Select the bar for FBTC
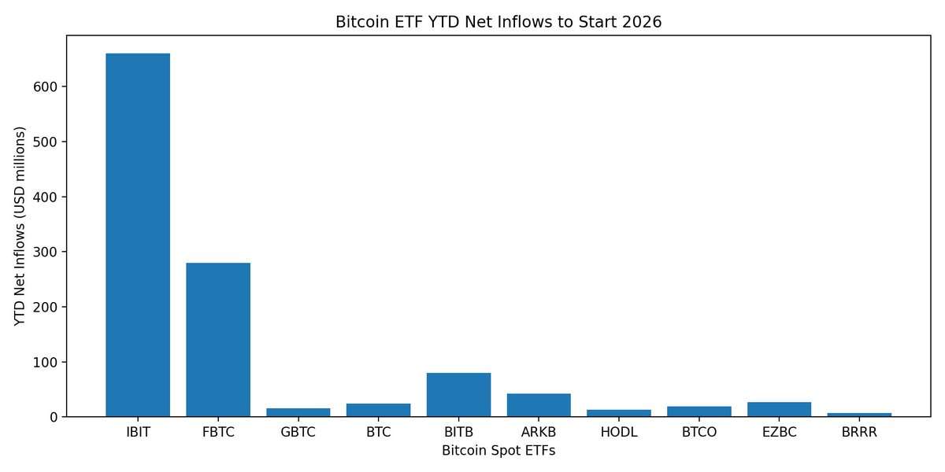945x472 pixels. pyautogui.click(x=218, y=339)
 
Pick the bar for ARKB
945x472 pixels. pyautogui.click(x=539, y=404)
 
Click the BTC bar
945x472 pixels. pyautogui.click(x=378, y=410)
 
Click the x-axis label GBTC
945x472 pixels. pyautogui.click(x=298, y=432)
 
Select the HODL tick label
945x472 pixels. pyautogui.click(x=619, y=432)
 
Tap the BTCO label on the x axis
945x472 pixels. pyautogui.click(x=699, y=432)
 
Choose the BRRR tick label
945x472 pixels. pyautogui.click(x=859, y=432)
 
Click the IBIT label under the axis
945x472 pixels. pyautogui.click(x=138, y=432)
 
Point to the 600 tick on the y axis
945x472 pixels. pyautogui.click(x=46, y=87)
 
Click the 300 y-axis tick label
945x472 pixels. pyautogui.click(x=46, y=252)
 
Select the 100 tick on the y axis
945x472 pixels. pyautogui.click(x=46, y=362)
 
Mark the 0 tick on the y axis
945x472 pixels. pyautogui.click(x=54, y=417)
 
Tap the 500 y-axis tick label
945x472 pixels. pyautogui.click(x=46, y=142)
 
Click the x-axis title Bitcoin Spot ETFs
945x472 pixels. pyautogui.click(x=498, y=451)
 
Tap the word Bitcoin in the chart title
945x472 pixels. pyautogui.click(x=360, y=22)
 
